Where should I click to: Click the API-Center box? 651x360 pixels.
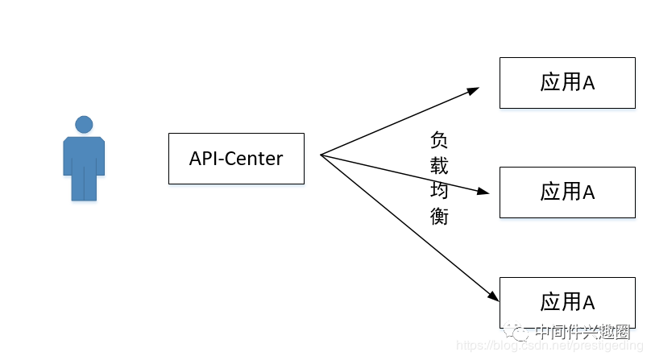pyautogui.click(x=236, y=159)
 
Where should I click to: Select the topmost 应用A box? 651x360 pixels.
pyautogui.click(x=567, y=83)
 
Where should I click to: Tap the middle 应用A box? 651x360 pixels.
pyautogui.click(x=567, y=192)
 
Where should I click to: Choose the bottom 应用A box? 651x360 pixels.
pyautogui.click(x=567, y=302)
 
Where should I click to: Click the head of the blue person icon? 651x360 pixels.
pyautogui.click(x=84, y=124)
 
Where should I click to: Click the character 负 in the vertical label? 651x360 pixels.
pyautogui.click(x=439, y=139)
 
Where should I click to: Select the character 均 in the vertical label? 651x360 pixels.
pyautogui.click(x=439, y=191)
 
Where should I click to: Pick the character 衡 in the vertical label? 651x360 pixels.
pyautogui.click(x=439, y=216)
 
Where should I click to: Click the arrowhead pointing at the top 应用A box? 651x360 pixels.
pyautogui.click(x=474, y=89)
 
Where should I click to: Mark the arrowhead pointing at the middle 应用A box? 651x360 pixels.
pyautogui.click(x=483, y=192)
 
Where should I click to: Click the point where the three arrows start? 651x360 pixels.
pyautogui.click(x=321, y=155)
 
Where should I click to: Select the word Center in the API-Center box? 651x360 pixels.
pyautogui.click(x=253, y=159)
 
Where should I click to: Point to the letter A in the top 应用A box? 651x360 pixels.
pyautogui.click(x=588, y=83)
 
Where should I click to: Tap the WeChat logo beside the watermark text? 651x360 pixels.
pyautogui.click(x=518, y=331)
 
